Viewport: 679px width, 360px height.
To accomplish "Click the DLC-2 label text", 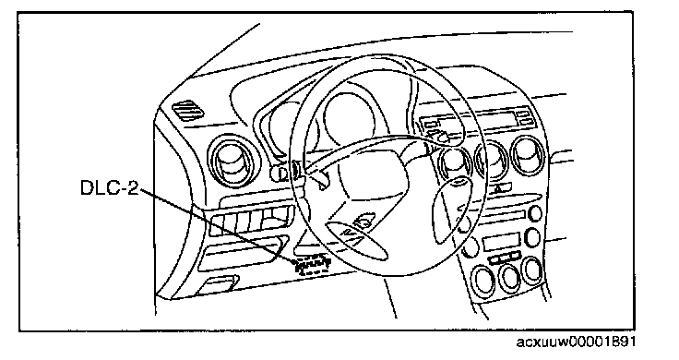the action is (x=110, y=187).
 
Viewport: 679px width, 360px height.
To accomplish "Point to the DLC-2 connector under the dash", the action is (x=313, y=265).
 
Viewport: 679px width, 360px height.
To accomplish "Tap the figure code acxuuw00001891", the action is (x=576, y=342).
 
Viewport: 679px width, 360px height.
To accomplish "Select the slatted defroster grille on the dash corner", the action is (x=188, y=110).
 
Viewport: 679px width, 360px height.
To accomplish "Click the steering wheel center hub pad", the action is (x=373, y=174).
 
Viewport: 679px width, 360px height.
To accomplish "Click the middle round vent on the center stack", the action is (x=492, y=161).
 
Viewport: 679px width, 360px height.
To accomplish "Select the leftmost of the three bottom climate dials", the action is (x=483, y=280).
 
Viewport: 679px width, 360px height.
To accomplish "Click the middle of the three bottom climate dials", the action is (x=509, y=276).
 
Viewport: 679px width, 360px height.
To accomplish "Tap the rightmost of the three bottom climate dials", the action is (x=532, y=270).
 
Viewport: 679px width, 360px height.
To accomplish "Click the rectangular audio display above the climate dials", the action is (x=501, y=242).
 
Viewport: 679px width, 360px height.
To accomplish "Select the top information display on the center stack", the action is (x=473, y=120).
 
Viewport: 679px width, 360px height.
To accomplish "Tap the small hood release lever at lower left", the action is (x=220, y=284).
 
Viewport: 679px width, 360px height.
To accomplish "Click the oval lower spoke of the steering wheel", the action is (x=356, y=240).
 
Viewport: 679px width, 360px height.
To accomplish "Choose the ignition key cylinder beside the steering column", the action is (x=279, y=174).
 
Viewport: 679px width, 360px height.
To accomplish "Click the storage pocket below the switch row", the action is (x=244, y=256).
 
